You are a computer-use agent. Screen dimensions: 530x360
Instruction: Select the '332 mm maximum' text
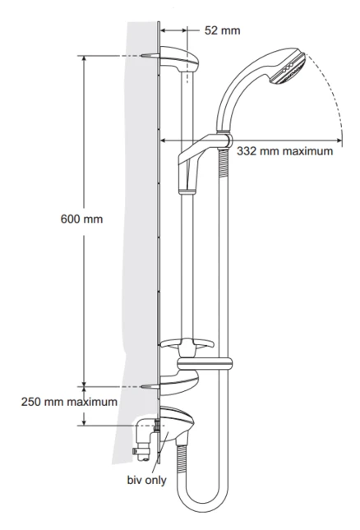285,151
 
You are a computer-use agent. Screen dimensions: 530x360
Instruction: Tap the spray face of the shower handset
295,69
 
